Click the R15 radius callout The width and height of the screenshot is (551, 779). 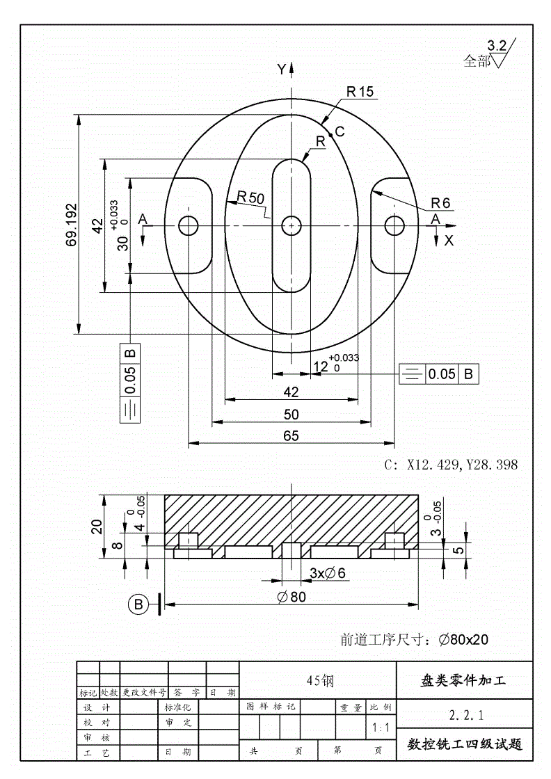[x=359, y=91]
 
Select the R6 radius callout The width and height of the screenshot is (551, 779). [x=440, y=203]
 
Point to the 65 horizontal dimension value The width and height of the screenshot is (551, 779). [x=291, y=436]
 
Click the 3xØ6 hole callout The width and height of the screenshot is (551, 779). [x=327, y=572]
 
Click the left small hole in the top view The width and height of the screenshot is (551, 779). [x=188, y=225]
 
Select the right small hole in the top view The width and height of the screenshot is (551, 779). [x=394, y=225]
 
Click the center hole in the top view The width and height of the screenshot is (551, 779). [x=291, y=225]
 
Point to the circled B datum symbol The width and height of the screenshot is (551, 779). [x=138, y=604]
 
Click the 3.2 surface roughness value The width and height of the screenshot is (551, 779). [x=497, y=47]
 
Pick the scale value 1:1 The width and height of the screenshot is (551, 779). [x=381, y=728]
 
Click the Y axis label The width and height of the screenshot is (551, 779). [x=281, y=69]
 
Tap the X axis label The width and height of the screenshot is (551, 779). [x=449, y=241]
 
